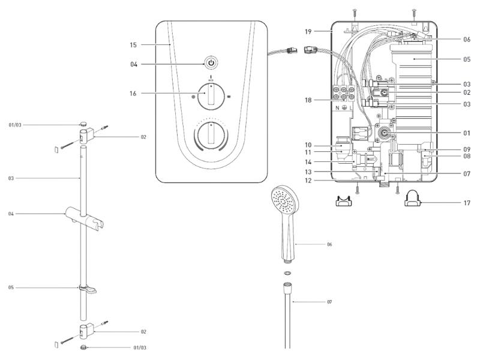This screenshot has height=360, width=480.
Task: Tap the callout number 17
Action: pyautogui.click(x=467, y=202)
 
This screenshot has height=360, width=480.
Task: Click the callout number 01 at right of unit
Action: pyautogui.click(x=466, y=133)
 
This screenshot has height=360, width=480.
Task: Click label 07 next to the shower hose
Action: pyautogui.click(x=329, y=301)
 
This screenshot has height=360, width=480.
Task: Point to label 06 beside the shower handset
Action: pyautogui.click(x=329, y=244)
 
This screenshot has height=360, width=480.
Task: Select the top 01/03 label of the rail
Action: pyautogui.click(x=15, y=125)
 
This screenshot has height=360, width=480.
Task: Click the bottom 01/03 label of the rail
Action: pyautogui.click(x=139, y=347)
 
